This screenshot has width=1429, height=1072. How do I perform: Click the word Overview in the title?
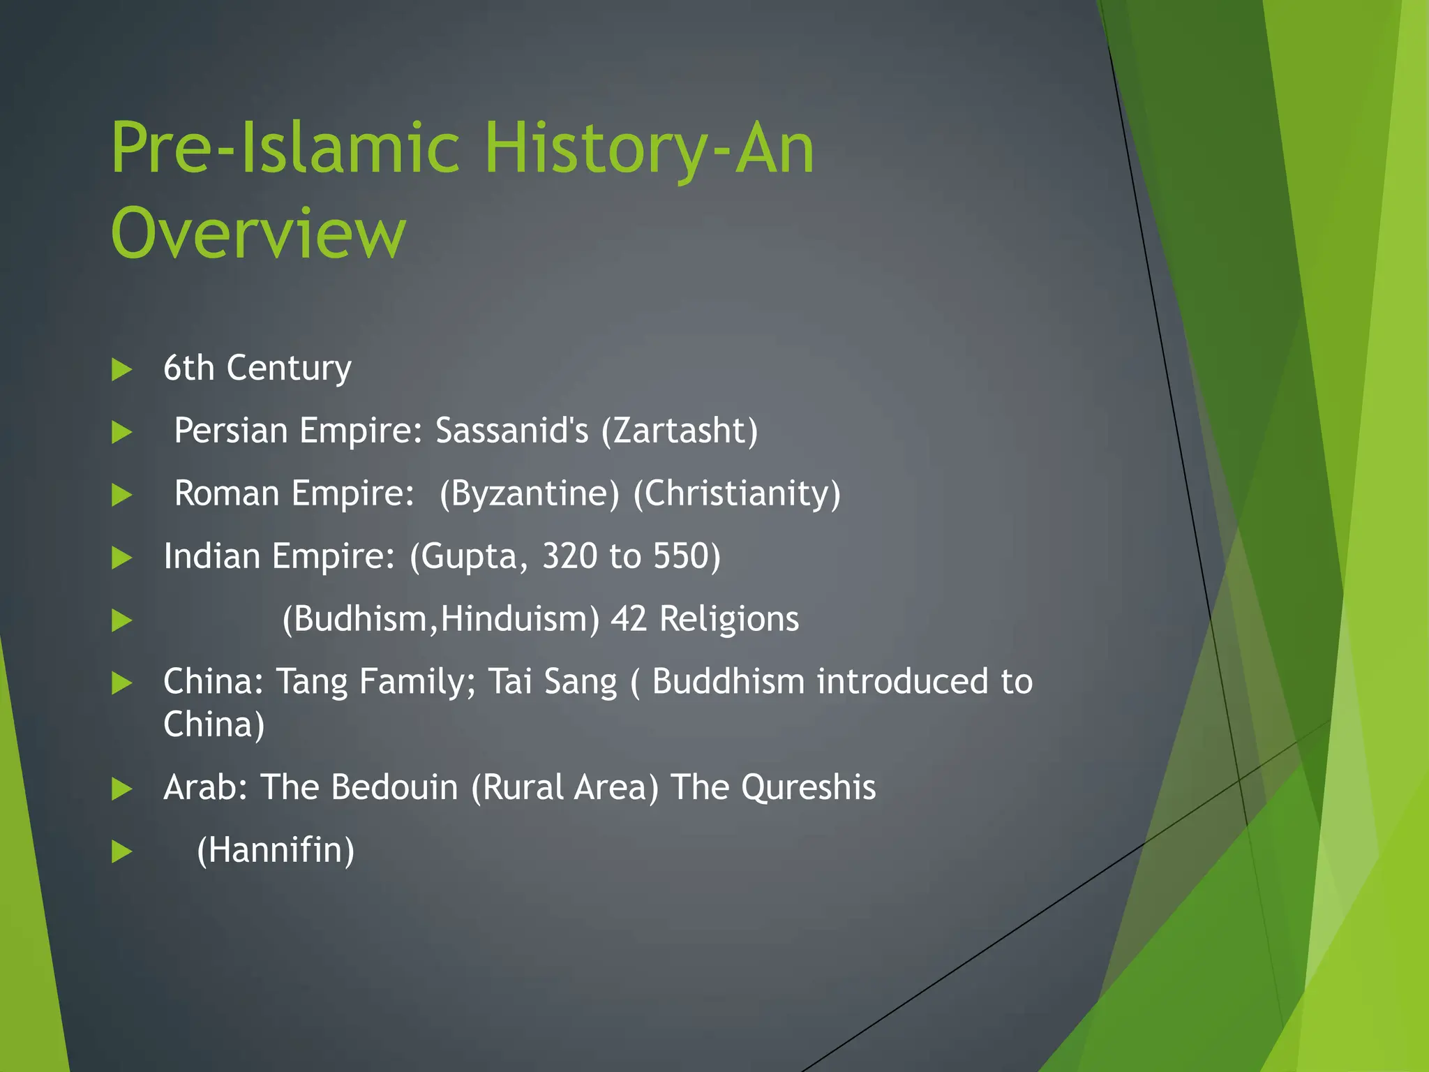[257, 233]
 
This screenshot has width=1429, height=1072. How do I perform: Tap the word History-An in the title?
[649, 148]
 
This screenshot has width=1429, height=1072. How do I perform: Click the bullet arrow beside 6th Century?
[122, 369]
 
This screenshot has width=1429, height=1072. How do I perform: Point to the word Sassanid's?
[511, 430]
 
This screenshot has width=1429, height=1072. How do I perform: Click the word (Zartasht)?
[680, 430]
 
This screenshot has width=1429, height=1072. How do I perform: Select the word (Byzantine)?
[529, 493]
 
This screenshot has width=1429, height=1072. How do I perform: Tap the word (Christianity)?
[737, 493]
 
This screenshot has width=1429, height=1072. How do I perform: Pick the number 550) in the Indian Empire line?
[687, 556]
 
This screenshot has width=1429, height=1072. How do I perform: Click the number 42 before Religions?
[629, 619]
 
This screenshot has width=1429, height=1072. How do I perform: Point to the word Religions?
[729, 619]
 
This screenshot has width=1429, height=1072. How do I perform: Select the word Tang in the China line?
[312, 682]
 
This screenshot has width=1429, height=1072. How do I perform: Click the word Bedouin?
[394, 787]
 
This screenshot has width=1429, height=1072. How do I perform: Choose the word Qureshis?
[808, 787]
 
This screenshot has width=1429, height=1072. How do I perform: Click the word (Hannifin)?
[276, 850]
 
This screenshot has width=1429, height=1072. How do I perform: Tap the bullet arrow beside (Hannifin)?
[122, 851]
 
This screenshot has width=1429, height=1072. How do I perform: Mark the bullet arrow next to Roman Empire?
[122, 496]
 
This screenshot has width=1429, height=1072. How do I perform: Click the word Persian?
[230, 430]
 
